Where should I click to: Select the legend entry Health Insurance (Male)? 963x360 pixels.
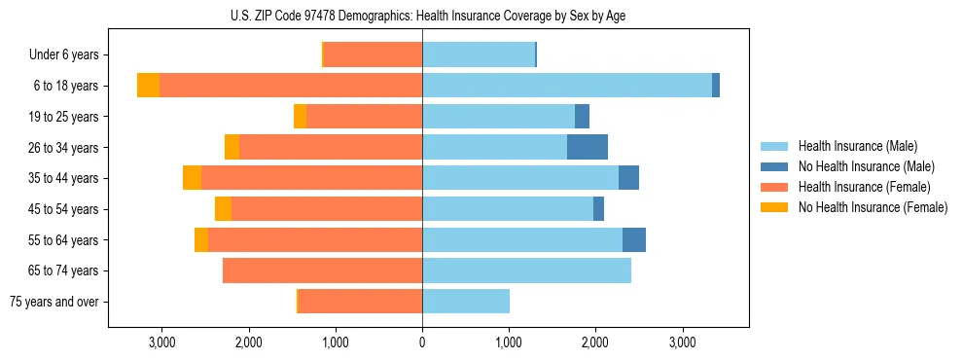coord(857,146)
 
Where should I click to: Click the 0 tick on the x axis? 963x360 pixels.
coord(422,342)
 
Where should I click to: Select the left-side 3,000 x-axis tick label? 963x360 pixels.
coord(161,342)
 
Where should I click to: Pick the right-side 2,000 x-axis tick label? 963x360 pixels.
coord(595,342)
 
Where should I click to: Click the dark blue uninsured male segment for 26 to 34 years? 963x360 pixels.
coord(588,147)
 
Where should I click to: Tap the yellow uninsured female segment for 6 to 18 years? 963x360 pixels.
coord(148,86)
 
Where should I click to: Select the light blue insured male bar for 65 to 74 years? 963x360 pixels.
coord(526,270)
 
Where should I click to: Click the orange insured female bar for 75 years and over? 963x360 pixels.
coord(360,302)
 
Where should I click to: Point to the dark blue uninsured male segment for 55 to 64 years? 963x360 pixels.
coord(634,239)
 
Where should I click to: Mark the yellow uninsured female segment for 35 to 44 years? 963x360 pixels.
coord(192,178)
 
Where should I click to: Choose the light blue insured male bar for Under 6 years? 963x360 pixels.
coord(479,55)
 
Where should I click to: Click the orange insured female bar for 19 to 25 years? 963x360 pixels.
coord(365,117)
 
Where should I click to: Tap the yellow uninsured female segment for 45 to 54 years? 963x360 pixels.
coord(223,209)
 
